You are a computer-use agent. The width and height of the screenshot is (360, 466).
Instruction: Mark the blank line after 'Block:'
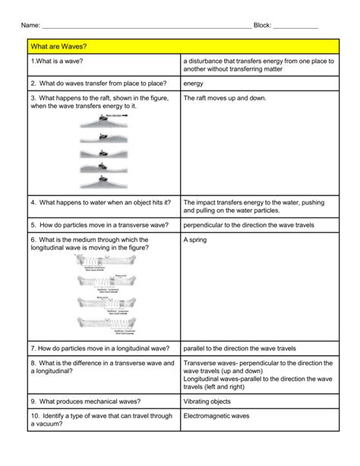click(x=295, y=27)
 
